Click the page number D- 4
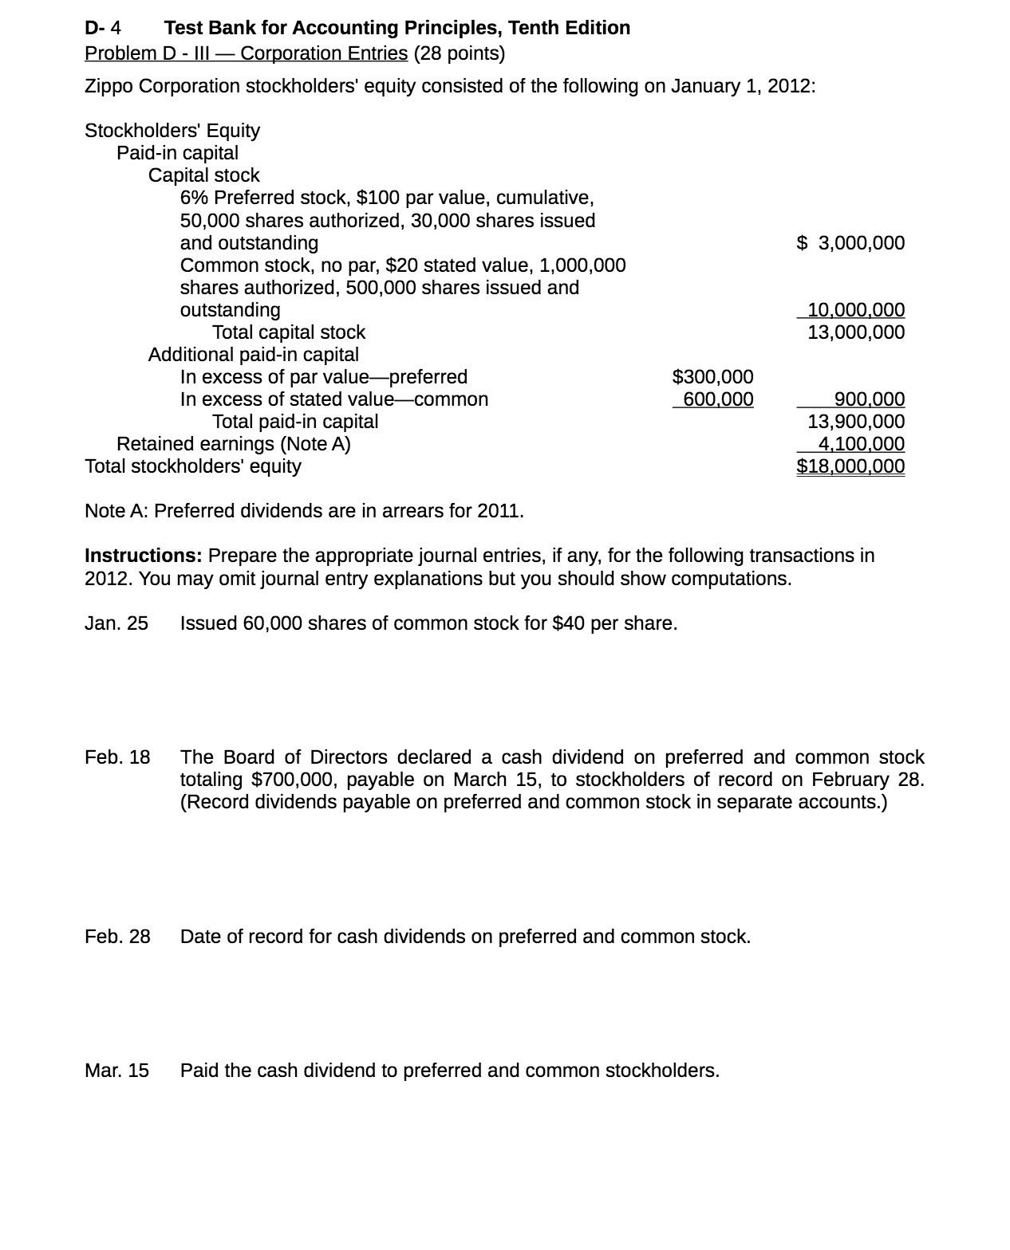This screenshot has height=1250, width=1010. pyautogui.click(x=103, y=28)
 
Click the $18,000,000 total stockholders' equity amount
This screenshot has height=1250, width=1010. pyautogui.click(x=850, y=466)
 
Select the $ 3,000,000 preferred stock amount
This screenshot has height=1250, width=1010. pyautogui.click(x=850, y=243)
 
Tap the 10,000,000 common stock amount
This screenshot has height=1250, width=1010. pyautogui.click(x=855, y=310)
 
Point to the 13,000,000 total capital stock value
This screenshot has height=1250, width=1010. pyautogui.click(x=855, y=332)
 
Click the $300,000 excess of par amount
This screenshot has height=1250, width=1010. pyautogui.click(x=712, y=377)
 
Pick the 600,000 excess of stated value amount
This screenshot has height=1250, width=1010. pyautogui.click(x=717, y=399)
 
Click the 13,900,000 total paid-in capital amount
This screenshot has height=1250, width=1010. pyautogui.click(x=855, y=422)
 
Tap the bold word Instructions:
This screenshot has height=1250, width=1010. pyautogui.click(x=144, y=556)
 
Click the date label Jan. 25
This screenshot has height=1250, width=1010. pyautogui.click(x=116, y=623)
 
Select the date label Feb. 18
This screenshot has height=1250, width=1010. pyautogui.click(x=117, y=757)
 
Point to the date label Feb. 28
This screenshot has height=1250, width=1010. pyautogui.click(x=117, y=937)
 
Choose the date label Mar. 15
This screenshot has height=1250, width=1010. pyautogui.click(x=116, y=1071)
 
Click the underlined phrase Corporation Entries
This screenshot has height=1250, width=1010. pyautogui.click(x=324, y=53)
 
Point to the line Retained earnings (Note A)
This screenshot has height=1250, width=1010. pyautogui.click(x=233, y=444)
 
